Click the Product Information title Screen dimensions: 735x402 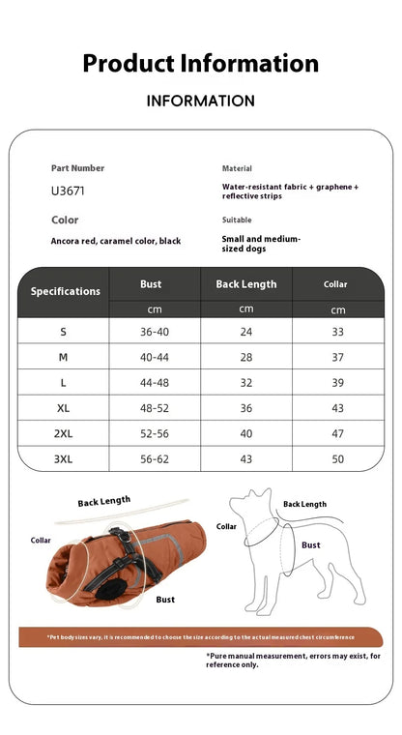tap(200, 64)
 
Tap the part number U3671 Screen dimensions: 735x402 tap(68, 191)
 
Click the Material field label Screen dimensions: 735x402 tap(237, 168)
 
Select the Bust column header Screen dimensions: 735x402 tap(151, 284)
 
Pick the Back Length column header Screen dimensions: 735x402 tap(245, 284)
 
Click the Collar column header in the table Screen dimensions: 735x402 tap(335, 284)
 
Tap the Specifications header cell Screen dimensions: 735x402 tap(65, 291)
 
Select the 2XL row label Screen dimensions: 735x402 tap(64, 433)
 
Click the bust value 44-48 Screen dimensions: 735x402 tap(154, 383)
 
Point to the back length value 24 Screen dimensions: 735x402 tap(245, 332)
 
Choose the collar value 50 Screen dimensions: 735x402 tap(337, 458)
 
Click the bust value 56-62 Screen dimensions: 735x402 tap(154, 458)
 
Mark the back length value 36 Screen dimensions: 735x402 tap(245, 408)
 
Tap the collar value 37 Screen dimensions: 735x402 tap(337, 357)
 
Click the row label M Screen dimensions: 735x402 tap(64, 357)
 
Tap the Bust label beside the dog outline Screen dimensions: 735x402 tap(310, 545)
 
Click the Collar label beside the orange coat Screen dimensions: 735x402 tap(41, 541)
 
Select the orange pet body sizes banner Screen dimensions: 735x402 tap(200, 637)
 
